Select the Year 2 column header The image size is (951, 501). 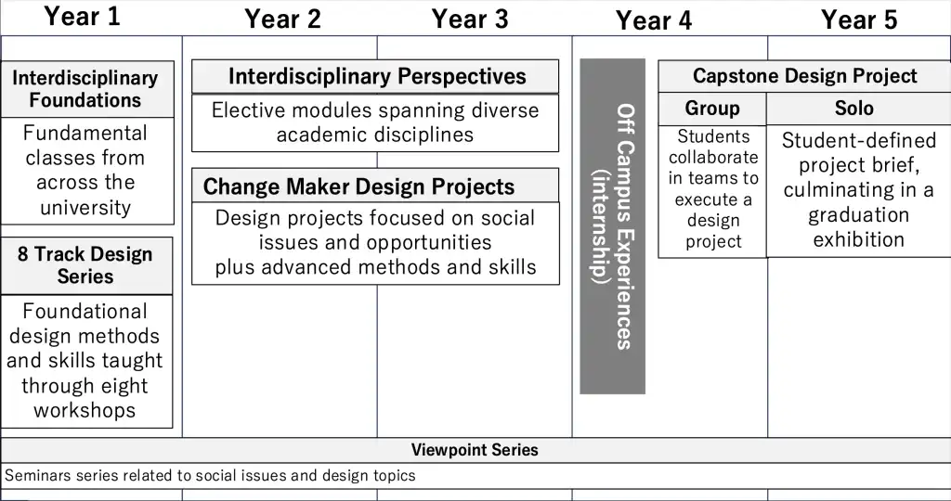(x=282, y=19)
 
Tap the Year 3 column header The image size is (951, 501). (x=470, y=19)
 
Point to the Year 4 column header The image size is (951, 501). (x=654, y=21)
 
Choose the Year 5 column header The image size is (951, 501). (x=859, y=20)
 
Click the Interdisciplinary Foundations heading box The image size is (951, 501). (x=85, y=89)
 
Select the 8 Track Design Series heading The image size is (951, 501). (x=85, y=265)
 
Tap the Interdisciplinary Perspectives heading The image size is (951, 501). (x=376, y=77)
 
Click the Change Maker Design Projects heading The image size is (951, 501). (x=358, y=186)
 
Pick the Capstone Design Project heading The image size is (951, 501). (x=804, y=76)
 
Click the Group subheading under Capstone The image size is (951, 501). (x=712, y=109)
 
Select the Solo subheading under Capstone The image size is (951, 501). (x=854, y=109)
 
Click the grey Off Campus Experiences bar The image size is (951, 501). (x=613, y=226)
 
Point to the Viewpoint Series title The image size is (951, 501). (x=475, y=450)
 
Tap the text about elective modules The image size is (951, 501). (x=375, y=122)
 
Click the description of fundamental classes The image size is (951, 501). (x=85, y=170)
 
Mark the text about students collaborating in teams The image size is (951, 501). (x=713, y=189)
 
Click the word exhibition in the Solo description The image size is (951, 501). (x=858, y=239)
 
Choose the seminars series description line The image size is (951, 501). (x=211, y=476)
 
